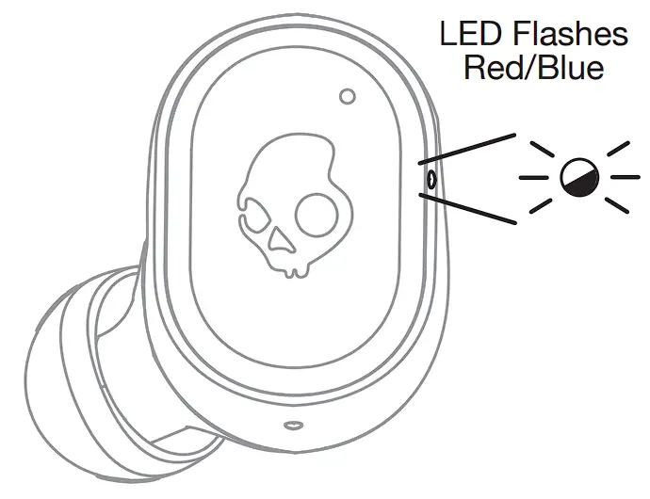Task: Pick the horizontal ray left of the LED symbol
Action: click(533, 177)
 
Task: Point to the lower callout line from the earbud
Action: click(465, 208)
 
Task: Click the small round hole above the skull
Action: click(347, 95)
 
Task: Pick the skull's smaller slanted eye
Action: click(253, 214)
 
